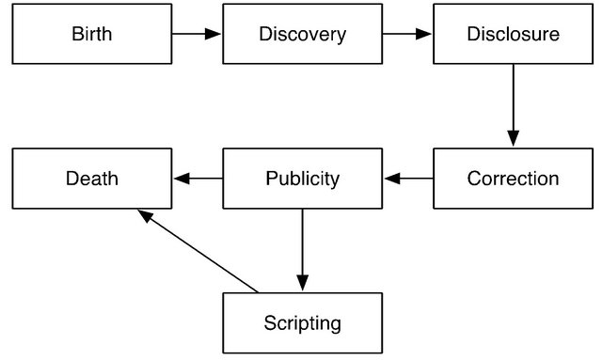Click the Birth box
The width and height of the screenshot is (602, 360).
[x=91, y=35]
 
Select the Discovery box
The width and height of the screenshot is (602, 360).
[x=303, y=35]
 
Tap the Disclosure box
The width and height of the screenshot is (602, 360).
[x=514, y=35]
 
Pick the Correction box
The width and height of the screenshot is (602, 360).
[x=514, y=178]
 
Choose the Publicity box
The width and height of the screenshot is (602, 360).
[x=303, y=178]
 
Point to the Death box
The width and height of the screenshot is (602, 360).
[x=91, y=178]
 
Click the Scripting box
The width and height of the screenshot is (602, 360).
[x=303, y=323]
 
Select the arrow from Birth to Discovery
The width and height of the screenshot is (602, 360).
[x=197, y=35]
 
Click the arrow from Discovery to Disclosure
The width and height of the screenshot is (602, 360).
[x=407, y=35]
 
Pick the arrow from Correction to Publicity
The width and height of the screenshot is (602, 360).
[x=408, y=178]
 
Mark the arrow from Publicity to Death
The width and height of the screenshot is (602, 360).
[x=197, y=178]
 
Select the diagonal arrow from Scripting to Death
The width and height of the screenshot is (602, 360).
[x=198, y=251]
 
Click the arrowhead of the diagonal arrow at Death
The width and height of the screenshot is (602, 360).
[x=144, y=214]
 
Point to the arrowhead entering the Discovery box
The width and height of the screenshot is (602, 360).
[x=215, y=35]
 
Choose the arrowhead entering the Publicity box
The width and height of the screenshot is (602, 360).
[x=390, y=178]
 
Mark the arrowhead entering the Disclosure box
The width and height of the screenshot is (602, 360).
[x=426, y=35]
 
